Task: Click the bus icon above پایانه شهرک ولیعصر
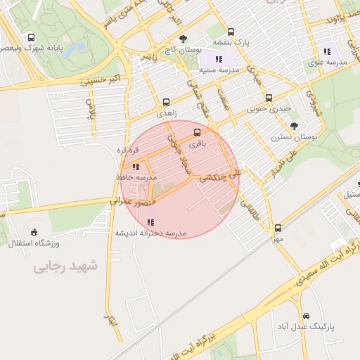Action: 30,37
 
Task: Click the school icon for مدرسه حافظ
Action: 135,167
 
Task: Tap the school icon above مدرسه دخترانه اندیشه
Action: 150,222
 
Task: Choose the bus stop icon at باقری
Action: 196,131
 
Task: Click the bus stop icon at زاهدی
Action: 166,101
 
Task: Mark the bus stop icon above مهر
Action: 278,227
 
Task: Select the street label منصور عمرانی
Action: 131,201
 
